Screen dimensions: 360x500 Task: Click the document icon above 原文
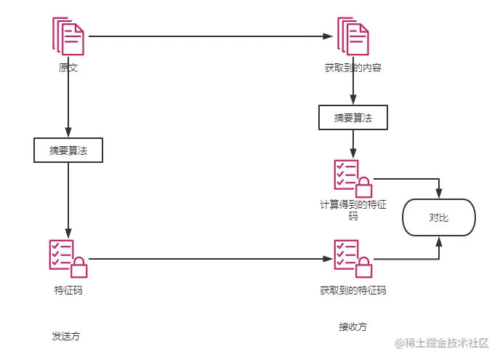pos(68,37)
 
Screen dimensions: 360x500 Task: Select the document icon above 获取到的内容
pos(353,37)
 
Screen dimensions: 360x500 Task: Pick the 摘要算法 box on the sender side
pos(68,151)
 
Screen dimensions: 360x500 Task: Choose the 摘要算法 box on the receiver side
pos(353,118)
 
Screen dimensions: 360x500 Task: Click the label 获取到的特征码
pos(353,290)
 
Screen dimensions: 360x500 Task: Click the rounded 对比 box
pos(439,217)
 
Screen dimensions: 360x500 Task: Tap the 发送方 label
pos(65,336)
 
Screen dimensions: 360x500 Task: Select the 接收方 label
pos(352,326)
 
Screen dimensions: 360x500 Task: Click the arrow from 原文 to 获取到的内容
pos(211,36)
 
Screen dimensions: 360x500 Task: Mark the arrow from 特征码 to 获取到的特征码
pos(211,258)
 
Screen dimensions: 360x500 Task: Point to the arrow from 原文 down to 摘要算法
pos(68,105)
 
